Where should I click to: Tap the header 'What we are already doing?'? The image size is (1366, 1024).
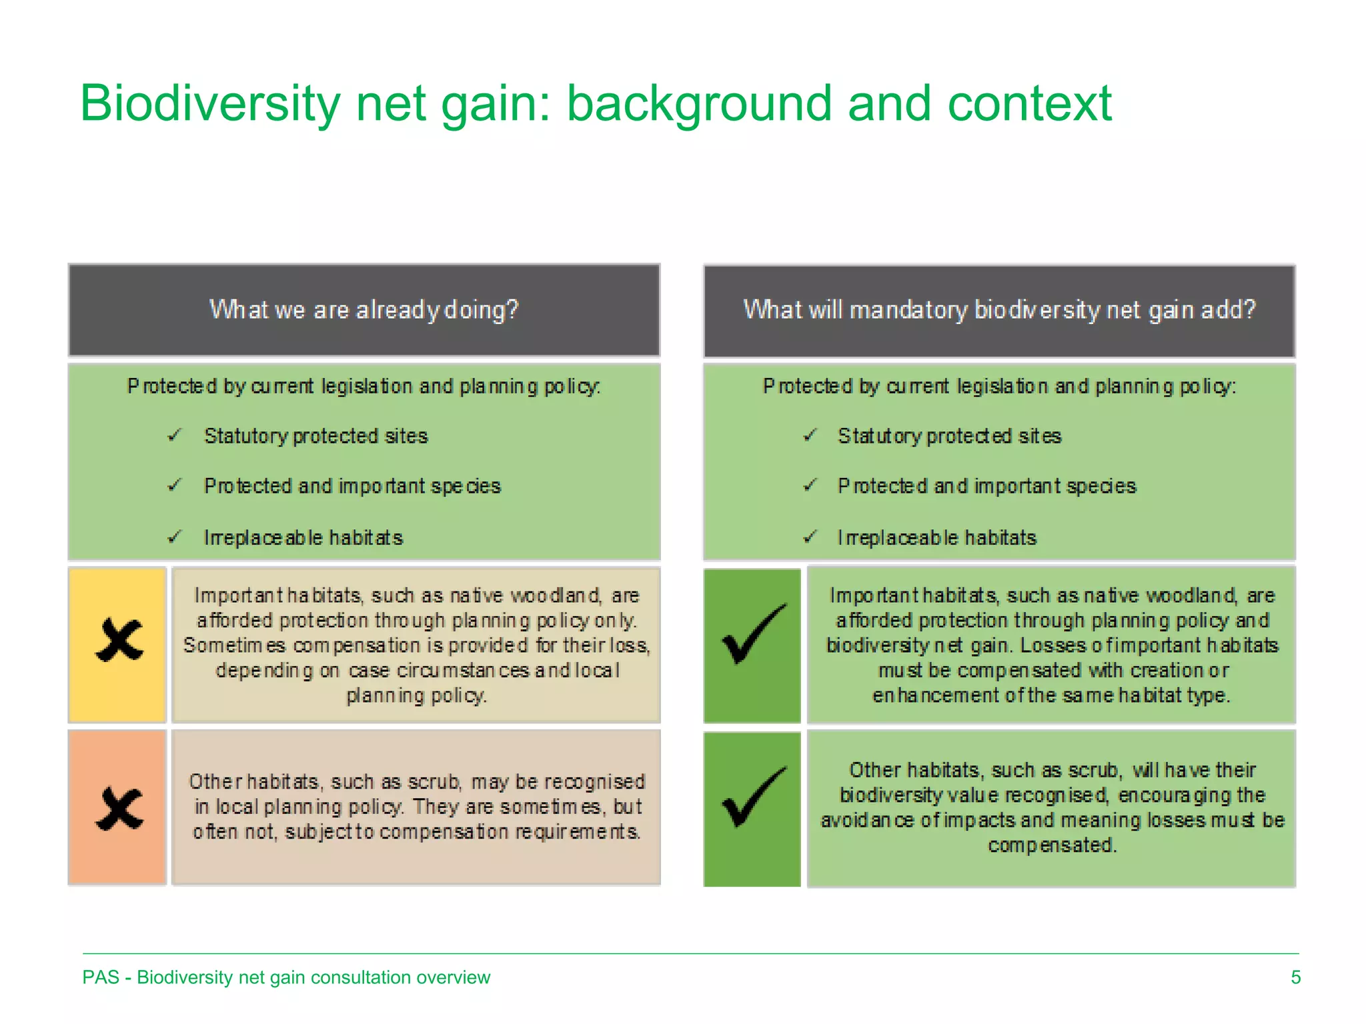364,310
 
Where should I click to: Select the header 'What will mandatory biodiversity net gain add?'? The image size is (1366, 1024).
999,310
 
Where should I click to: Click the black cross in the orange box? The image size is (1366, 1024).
119,809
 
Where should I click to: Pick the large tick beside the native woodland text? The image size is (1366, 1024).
753,635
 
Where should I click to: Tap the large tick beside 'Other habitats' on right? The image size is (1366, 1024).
753,798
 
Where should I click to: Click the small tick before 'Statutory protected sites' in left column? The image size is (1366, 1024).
175,436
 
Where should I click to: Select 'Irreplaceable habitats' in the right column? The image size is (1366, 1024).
936,538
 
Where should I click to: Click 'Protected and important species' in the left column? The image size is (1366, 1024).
352,487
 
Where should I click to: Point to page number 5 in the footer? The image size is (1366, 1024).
1295,977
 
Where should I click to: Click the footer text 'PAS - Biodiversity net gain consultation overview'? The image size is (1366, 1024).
286,977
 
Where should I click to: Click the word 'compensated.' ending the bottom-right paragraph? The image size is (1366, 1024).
1052,846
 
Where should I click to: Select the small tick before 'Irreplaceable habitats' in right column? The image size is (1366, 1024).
810,537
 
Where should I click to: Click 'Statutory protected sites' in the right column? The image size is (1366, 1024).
949,436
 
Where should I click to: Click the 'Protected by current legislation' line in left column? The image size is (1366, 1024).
364,387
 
